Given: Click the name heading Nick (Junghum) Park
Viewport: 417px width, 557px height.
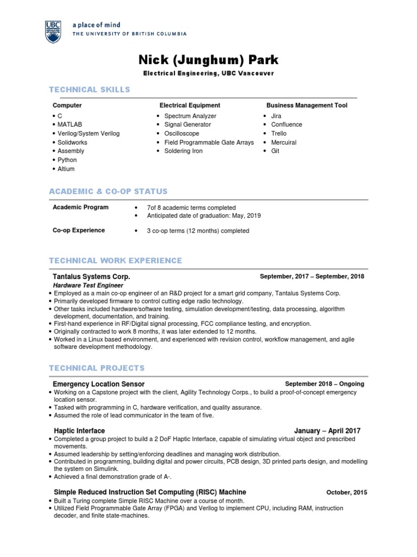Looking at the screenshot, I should coord(208,59).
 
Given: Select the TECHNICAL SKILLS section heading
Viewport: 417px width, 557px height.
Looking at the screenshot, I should coord(90,89).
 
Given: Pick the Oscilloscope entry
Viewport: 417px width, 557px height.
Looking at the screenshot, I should coord(181,133).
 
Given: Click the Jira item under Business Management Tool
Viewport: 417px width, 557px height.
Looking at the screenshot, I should coord(276,116).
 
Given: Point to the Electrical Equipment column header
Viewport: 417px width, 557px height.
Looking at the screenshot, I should coord(189,105).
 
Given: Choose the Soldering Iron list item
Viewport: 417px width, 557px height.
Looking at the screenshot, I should coord(183,151).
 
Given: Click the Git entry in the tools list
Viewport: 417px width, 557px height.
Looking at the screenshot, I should coord(275,151).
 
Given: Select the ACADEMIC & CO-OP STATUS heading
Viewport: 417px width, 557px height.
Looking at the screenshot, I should coord(108,191).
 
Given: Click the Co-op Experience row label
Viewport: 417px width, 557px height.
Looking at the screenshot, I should coord(79,230).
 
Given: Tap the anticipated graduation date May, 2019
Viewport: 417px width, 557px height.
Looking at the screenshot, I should coord(248,215).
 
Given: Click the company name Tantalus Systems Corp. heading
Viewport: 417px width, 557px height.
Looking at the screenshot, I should coord(91,276).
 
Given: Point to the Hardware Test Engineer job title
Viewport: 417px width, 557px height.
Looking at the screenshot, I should coord(88,285).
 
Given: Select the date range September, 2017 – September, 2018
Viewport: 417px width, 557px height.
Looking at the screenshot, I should coord(312,276).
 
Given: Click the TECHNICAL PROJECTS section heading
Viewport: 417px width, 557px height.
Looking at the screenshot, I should coord(97,368).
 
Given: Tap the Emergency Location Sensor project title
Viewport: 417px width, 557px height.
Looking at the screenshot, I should coord(98,384).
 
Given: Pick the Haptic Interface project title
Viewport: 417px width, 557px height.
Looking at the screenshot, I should coord(79,431).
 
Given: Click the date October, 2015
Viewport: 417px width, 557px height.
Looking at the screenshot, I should coord(346,492).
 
